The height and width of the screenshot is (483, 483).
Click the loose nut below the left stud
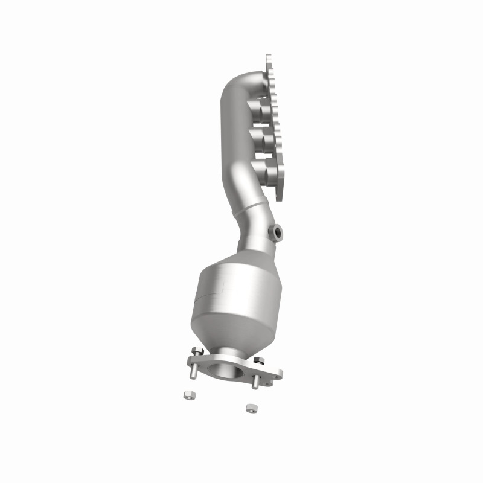coord(188,395)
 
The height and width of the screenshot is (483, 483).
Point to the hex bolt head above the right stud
coord(260,360)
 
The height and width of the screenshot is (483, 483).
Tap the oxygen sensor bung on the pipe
coord(276,232)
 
